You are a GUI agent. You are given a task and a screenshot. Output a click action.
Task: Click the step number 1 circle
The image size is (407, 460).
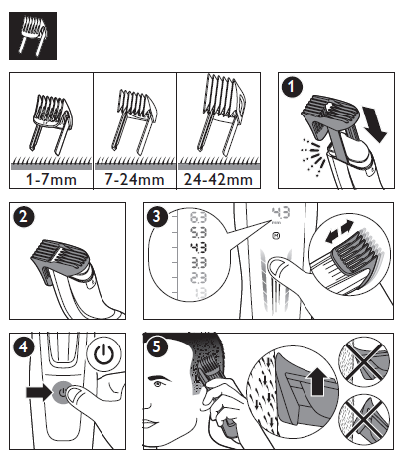pos(291,86)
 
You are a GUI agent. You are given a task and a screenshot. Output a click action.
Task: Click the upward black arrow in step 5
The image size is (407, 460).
pos(317,379)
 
